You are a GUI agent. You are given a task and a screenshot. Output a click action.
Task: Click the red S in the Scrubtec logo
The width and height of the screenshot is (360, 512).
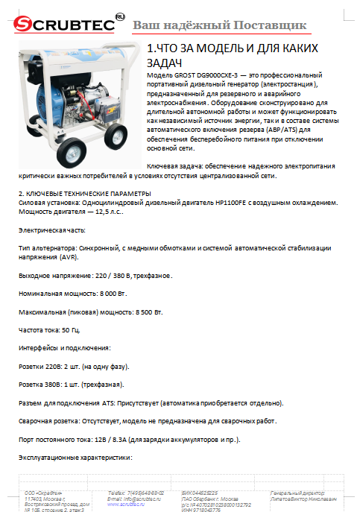[x=24, y=25]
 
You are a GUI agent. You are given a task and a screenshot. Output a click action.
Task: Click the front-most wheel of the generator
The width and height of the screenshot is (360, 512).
[x=74, y=153]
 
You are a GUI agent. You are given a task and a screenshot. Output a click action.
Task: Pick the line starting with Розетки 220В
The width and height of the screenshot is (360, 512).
[x=74, y=366]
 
